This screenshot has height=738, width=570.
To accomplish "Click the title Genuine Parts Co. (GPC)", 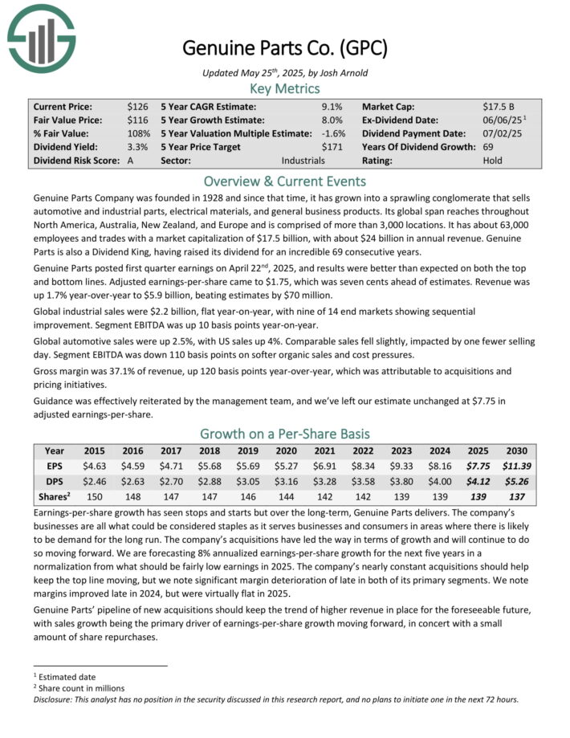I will [x=284, y=48].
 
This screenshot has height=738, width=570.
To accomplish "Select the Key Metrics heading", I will [x=284, y=88].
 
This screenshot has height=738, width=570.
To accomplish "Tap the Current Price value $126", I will [x=137, y=106].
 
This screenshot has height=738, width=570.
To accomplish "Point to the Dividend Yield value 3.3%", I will [x=137, y=147].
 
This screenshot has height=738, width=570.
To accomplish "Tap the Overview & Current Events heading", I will [x=284, y=180].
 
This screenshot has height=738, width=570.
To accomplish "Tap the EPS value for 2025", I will [x=481, y=464].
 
